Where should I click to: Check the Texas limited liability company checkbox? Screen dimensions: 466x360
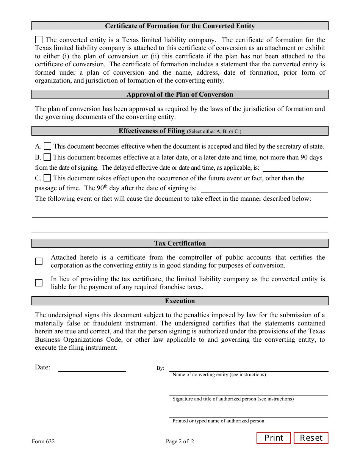pos(39,40)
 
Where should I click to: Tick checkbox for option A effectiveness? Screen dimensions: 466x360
pos(47,146)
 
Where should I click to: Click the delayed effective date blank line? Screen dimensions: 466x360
pos(295,168)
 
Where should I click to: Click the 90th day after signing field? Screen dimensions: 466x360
pos(264,189)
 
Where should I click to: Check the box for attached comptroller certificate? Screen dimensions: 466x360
pos(39,261)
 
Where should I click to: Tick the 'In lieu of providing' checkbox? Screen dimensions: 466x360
pos(39,283)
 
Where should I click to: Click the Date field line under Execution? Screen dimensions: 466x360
pos(92,368)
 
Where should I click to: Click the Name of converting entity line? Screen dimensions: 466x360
pos(248,368)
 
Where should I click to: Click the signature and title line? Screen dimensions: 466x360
pos(248,393)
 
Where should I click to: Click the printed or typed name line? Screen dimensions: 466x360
pos(248,414)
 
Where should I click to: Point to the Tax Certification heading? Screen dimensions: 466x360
pos(180,243)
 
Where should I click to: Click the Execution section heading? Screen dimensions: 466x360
pos(180,301)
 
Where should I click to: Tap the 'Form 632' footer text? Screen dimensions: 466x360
pos(43,441)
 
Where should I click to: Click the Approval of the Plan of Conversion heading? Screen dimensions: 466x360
pos(180,94)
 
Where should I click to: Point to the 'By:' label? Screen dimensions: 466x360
pos(160,368)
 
